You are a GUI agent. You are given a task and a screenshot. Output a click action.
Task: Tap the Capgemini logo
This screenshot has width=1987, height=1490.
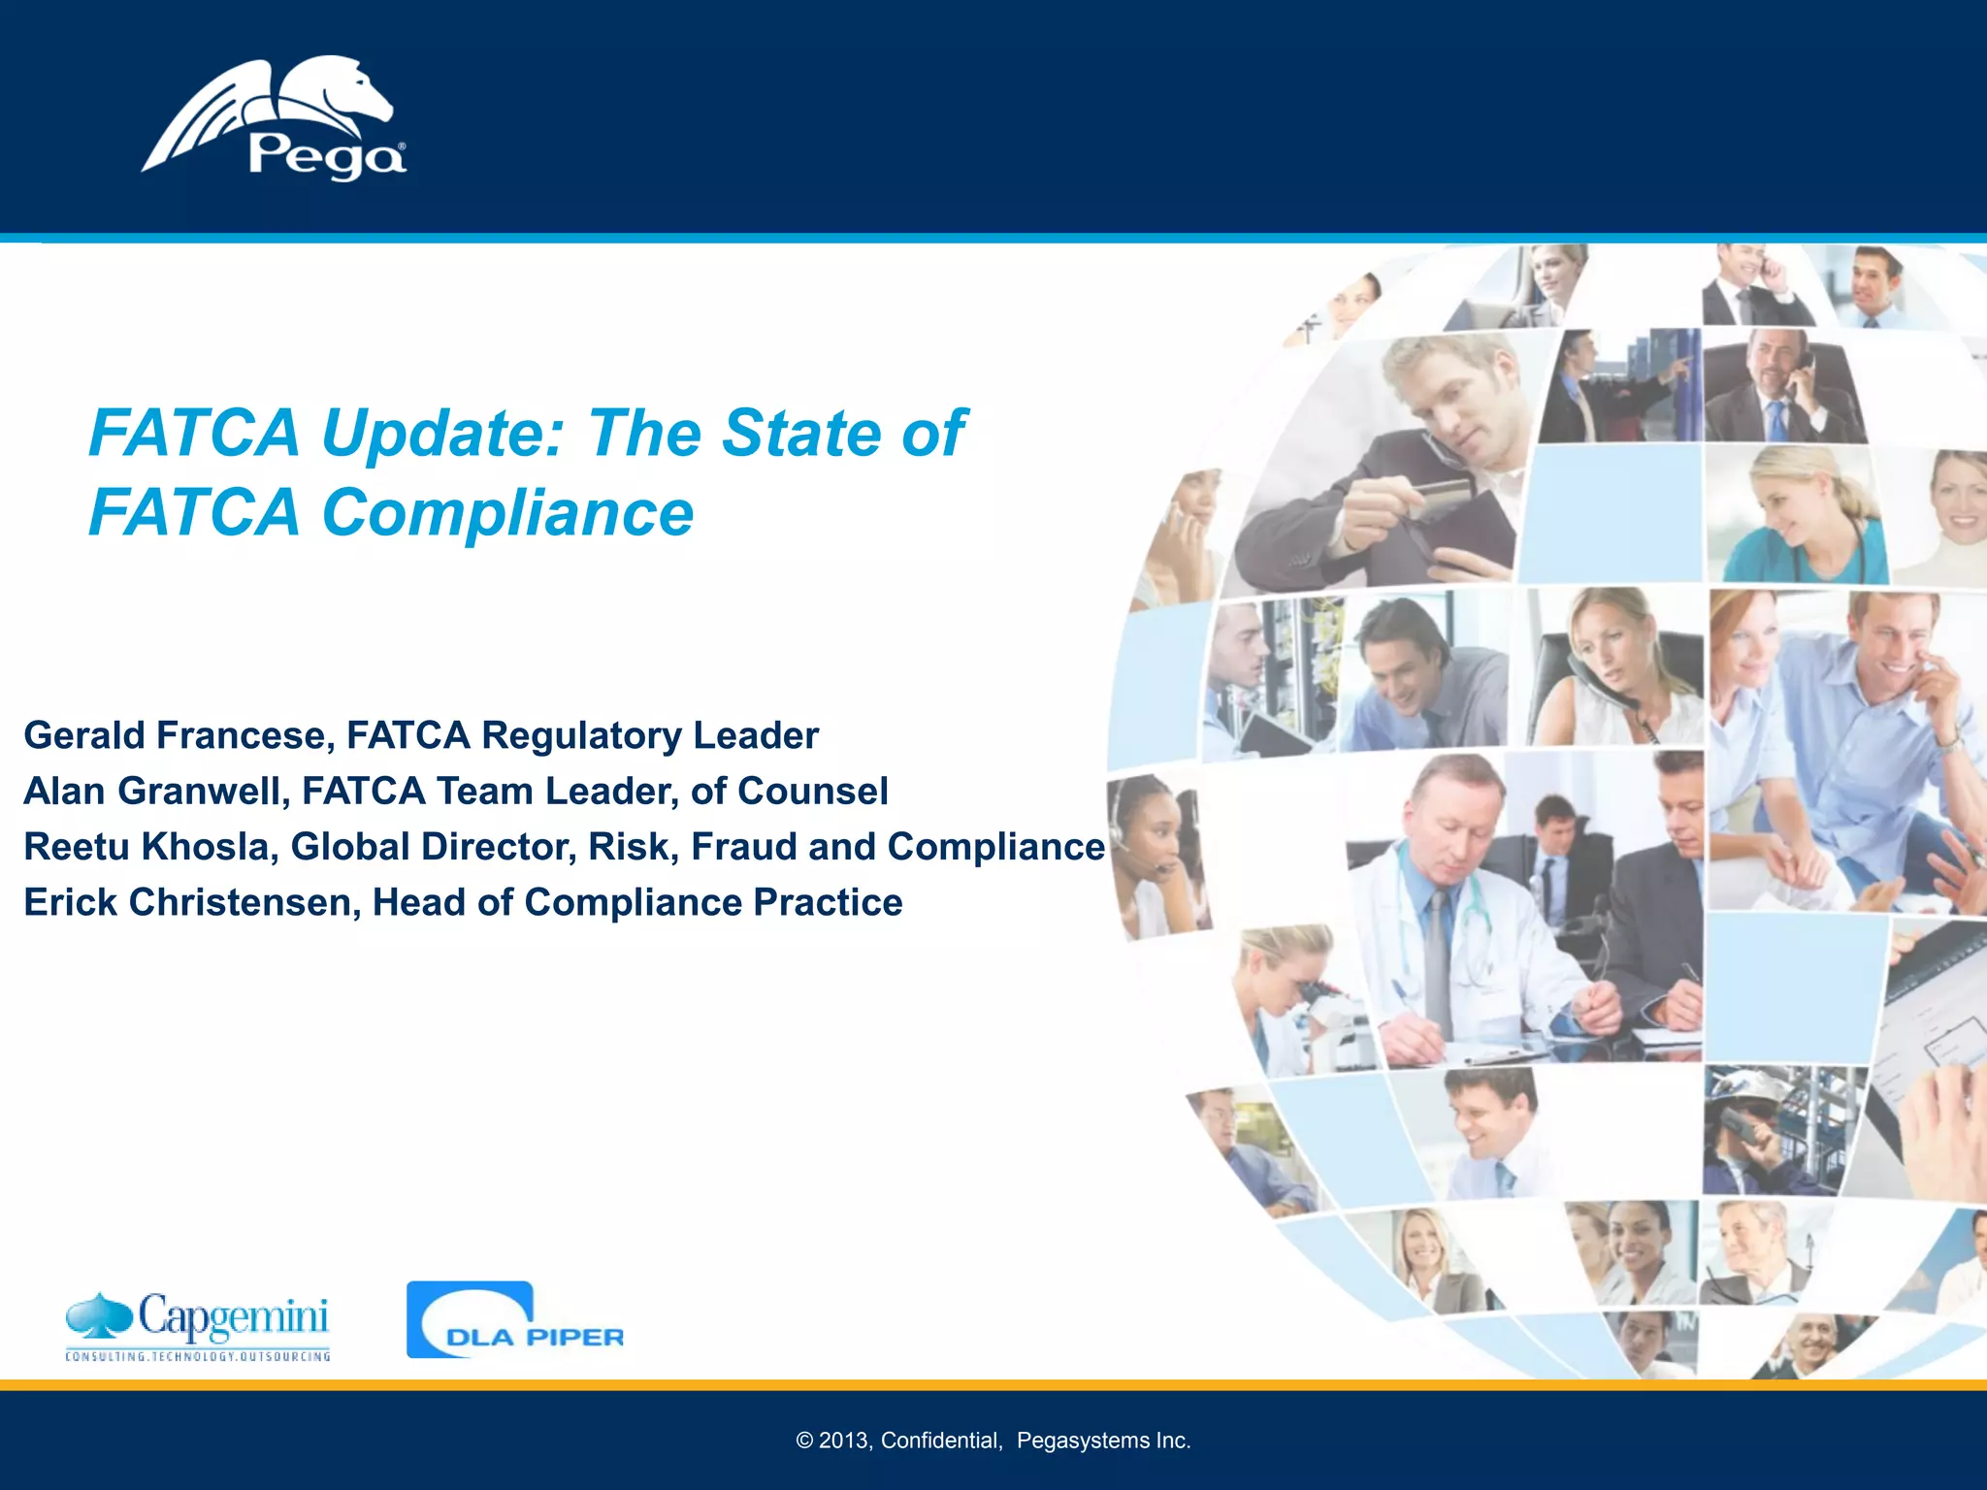point(198,1325)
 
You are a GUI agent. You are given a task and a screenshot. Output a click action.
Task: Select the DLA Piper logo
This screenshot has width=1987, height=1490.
point(515,1320)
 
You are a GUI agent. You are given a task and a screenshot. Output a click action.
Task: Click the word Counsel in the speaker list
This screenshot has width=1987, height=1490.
point(812,791)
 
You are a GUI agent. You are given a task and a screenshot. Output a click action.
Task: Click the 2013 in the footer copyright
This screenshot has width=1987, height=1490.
point(843,1441)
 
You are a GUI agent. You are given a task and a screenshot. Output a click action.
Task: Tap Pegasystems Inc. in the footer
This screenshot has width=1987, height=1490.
point(1103,1441)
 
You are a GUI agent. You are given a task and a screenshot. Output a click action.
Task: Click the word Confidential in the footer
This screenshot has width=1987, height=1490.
point(940,1441)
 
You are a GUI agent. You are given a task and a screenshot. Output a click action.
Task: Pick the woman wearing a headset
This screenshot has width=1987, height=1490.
point(1155,854)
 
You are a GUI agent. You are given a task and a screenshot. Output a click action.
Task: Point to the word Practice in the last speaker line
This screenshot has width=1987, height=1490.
point(828,902)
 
